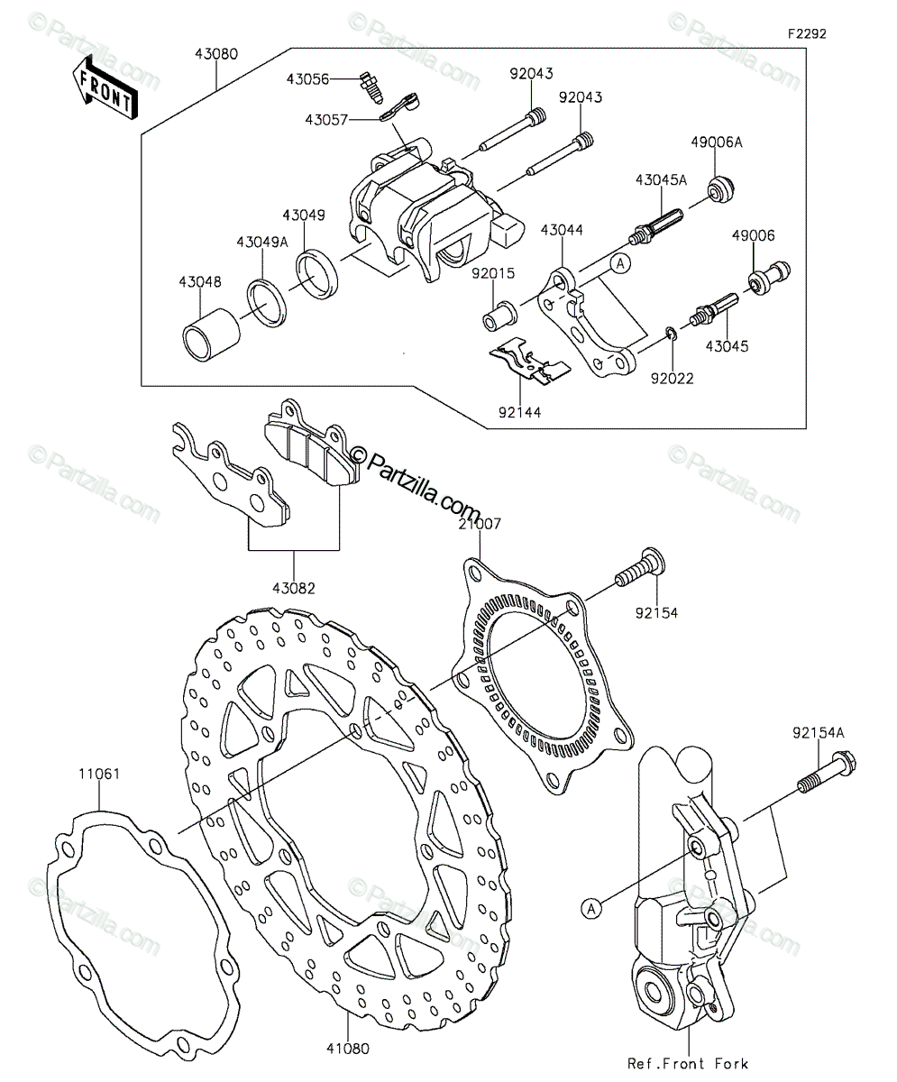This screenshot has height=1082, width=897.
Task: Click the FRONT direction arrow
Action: (x=105, y=88)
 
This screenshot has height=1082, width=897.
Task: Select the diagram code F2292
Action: (x=807, y=34)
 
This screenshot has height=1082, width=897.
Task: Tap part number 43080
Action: (x=216, y=54)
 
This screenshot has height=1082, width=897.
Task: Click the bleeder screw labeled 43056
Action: (x=369, y=87)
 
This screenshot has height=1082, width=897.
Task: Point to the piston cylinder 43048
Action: (x=211, y=335)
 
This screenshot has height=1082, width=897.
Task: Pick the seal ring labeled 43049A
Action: (x=267, y=303)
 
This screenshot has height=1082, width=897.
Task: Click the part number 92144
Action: (x=520, y=412)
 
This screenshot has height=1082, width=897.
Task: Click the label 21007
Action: (x=480, y=524)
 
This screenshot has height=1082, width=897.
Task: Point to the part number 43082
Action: (x=293, y=588)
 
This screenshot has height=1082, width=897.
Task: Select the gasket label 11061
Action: (x=99, y=775)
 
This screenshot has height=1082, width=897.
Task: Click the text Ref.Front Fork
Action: (x=688, y=1063)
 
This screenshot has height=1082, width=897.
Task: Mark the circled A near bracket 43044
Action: (x=620, y=263)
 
